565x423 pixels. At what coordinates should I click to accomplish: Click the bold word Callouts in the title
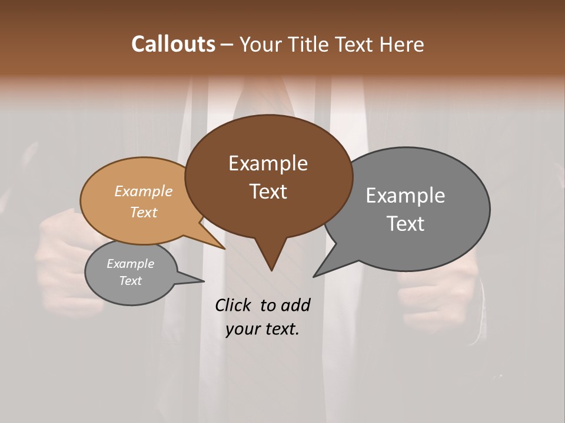173,44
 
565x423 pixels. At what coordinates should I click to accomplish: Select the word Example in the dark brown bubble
268,163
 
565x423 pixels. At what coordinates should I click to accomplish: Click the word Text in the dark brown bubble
268,192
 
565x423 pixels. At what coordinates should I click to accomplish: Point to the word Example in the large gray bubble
405,196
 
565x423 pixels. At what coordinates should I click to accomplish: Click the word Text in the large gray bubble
405,224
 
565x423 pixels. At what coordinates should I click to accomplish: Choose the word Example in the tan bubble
143,191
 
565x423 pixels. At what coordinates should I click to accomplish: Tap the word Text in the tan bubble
143,212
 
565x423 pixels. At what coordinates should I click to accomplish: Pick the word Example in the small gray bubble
130,264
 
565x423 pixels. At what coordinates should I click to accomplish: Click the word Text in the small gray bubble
130,281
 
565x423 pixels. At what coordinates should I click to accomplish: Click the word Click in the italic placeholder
234,305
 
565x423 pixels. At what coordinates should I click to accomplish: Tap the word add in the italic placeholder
295,305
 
